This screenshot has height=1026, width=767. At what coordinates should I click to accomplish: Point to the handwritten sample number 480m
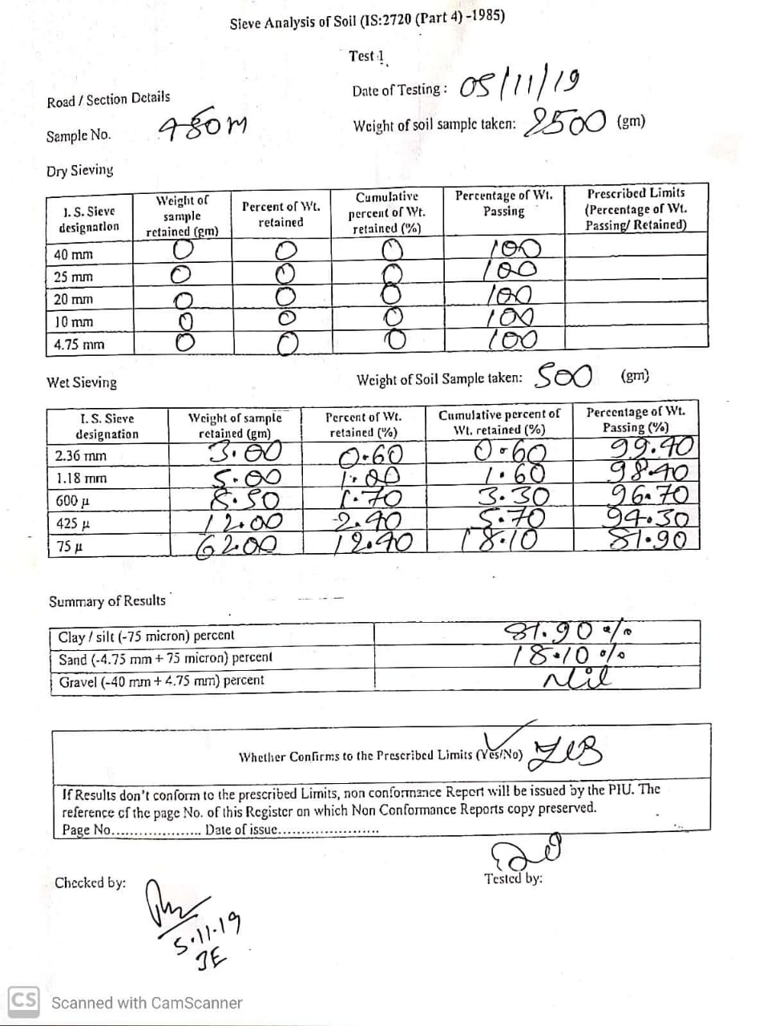point(204,127)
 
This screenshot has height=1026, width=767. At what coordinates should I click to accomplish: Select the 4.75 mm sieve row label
point(79,345)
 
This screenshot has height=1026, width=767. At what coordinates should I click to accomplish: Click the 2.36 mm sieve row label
point(80,455)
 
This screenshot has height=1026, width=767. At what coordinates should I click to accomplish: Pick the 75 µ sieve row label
point(65,547)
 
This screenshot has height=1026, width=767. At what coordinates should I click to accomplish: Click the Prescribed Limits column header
point(636,209)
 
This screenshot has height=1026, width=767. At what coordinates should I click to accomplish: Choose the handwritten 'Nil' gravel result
point(577,678)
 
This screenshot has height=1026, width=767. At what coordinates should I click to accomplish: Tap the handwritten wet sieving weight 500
point(563,374)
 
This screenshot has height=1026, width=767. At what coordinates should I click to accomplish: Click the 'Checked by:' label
point(90,883)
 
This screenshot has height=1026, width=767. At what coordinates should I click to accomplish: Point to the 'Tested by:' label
point(513,878)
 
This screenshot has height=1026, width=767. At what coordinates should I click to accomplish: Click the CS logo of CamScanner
point(22,1001)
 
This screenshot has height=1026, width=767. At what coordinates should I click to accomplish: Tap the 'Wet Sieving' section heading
point(82,382)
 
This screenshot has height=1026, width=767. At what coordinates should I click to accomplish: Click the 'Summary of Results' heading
point(107,601)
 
